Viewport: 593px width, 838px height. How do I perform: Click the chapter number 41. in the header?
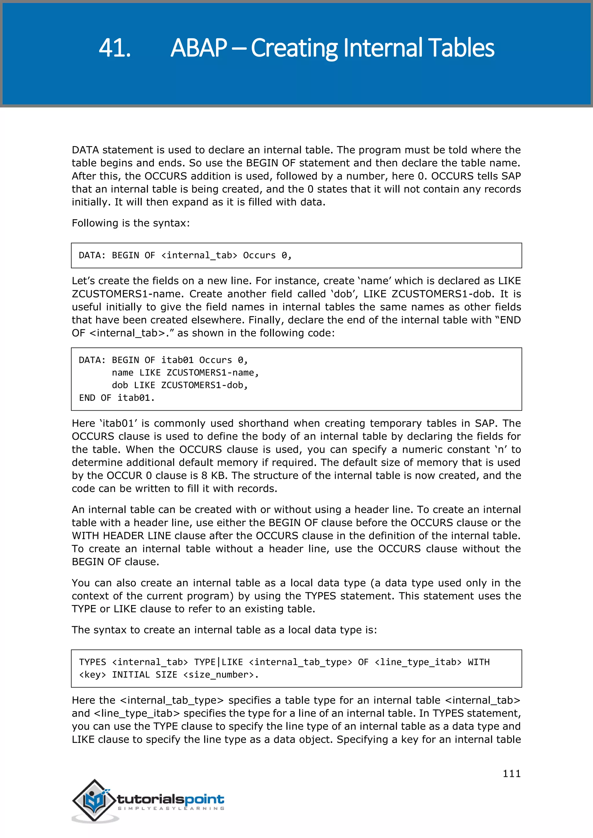tap(115, 48)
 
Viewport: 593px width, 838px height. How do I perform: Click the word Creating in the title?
tap(294, 48)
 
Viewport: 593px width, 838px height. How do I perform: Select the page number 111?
tap(512, 774)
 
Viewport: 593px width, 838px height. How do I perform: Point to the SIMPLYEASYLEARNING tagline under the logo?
tap(171, 808)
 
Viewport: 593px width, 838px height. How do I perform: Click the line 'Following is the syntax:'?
tap(131, 223)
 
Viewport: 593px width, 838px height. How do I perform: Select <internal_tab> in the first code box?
tap(200, 256)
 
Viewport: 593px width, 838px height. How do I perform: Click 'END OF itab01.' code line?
tap(117, 398)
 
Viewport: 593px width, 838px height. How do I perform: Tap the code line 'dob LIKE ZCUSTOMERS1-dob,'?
tap(180, 385)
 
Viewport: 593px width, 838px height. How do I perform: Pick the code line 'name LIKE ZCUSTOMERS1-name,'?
tap(185, 373)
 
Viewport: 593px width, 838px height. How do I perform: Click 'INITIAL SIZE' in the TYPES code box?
tap(144, 675)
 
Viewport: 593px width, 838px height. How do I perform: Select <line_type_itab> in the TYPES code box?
tap(418, 662)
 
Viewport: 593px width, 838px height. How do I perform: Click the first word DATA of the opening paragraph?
tap(85, 150)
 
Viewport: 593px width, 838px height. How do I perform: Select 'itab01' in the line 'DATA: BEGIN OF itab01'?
tap(177, 360)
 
